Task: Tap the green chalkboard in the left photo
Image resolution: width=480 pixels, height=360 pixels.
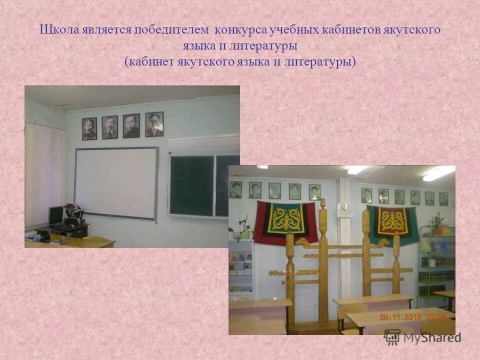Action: tap(192, 185)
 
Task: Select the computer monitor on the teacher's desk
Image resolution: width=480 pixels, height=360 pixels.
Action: tap(55, 215)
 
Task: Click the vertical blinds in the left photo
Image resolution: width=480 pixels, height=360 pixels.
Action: tap(44, 175)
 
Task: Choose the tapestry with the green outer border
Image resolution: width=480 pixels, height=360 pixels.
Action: tap(392, 222)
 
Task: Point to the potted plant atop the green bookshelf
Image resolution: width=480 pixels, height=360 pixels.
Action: tap(436, 222)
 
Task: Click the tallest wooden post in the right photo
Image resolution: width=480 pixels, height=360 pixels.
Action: tap(323, 260)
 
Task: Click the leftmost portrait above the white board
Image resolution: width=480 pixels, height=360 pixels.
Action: tap(89, 128)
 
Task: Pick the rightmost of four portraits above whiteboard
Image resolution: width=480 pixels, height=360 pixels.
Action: tap(154, 124)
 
